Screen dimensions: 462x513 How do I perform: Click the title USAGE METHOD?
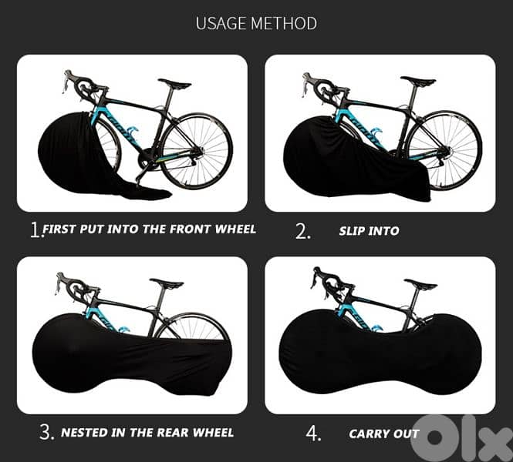256,23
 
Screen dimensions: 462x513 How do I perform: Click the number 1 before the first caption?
35,229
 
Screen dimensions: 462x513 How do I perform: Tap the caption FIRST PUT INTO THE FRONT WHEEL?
149,229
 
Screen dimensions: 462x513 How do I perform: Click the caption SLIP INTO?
370,231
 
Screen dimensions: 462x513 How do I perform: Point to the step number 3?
46,433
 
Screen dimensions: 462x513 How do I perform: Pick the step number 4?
313,434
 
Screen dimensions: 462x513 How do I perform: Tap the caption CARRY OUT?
383,434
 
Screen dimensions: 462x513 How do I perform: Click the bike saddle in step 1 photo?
174,83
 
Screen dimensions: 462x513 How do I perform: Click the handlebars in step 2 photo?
317,86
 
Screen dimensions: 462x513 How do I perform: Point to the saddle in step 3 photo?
167,283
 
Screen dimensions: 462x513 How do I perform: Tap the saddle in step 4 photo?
420,284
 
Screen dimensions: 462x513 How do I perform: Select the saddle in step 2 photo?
417,81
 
